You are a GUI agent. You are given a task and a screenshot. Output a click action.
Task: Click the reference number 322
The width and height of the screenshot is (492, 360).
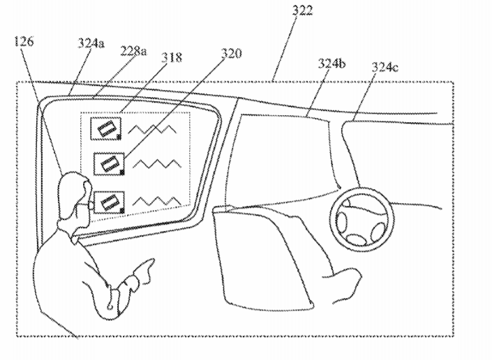302,10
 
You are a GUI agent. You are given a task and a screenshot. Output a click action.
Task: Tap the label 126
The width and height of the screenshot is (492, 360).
24,41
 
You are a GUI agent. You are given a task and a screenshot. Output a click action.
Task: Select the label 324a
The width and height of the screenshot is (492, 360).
91,43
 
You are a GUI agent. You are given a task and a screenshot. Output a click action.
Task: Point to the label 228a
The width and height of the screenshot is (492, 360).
133,50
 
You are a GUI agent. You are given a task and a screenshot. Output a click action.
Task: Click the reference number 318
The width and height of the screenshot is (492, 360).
171,57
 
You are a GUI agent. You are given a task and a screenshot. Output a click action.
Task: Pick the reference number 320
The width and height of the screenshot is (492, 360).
232,53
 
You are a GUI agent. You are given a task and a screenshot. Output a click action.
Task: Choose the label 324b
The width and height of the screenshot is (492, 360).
331,63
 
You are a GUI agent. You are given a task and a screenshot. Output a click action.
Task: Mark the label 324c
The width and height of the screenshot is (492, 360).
385,67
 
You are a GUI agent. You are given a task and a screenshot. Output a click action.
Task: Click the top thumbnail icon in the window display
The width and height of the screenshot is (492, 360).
106,128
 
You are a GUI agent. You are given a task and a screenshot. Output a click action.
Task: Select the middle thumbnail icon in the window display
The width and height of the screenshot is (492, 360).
109,164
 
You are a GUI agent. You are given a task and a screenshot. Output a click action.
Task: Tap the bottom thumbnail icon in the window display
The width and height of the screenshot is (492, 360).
109,202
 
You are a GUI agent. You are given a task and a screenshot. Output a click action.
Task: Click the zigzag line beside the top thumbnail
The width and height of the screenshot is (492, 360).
153,129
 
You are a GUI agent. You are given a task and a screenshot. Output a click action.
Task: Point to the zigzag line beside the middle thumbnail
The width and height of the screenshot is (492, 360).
158,164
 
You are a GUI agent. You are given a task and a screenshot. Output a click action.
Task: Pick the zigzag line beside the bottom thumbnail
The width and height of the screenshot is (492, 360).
158,201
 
